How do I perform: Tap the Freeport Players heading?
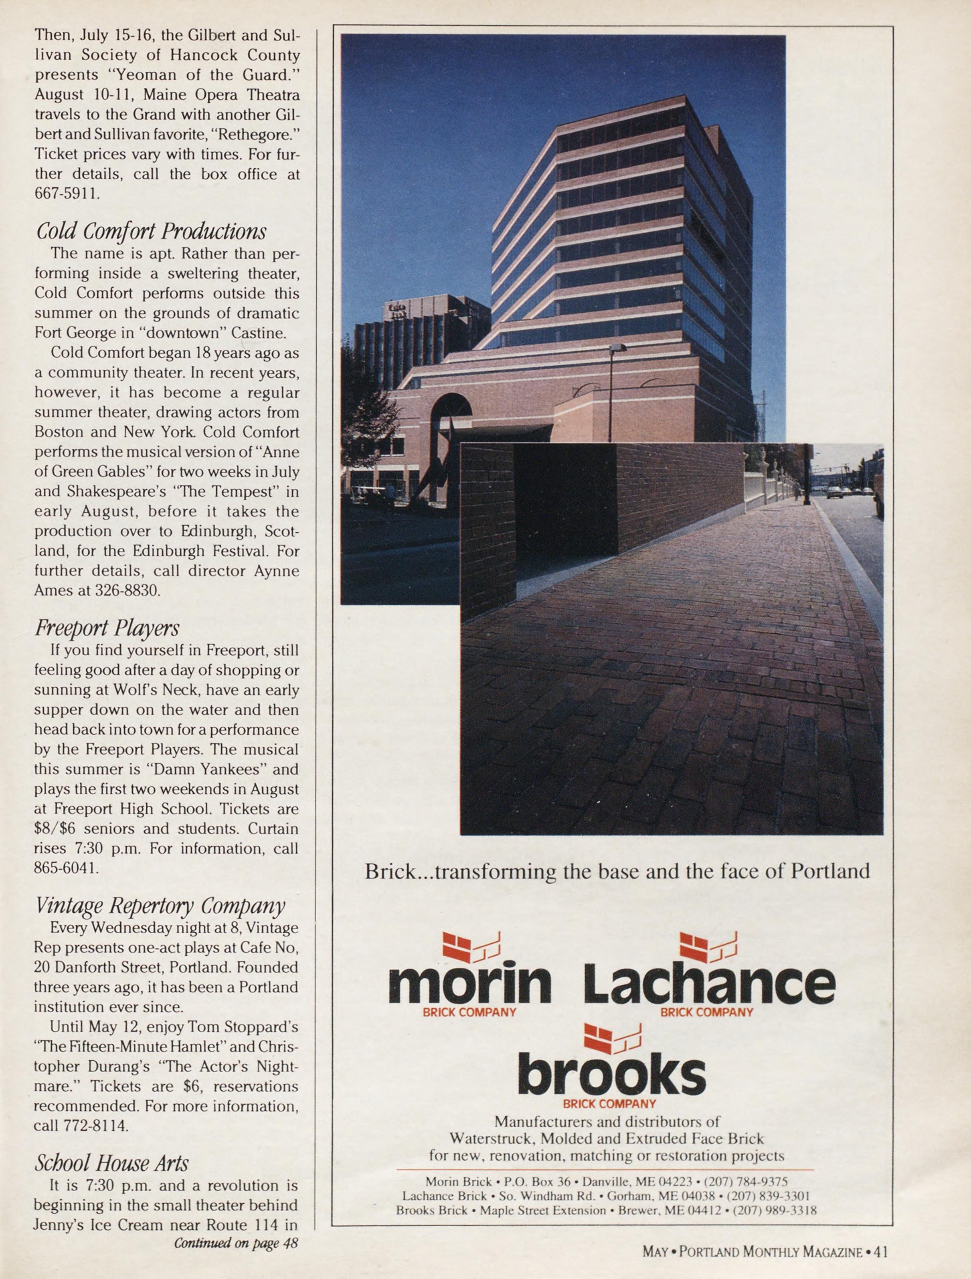[x=107, y=628]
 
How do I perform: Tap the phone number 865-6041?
[x=67, y=868]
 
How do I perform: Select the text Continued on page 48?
[x=236, y=1243]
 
